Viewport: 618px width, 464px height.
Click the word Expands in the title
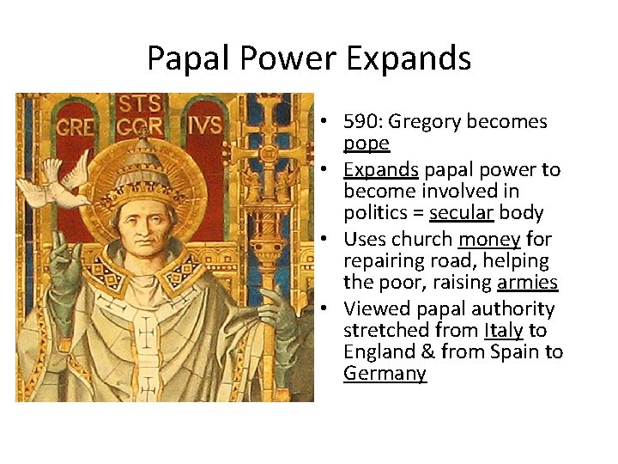point(409,58)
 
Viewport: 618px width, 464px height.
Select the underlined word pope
point(367,143)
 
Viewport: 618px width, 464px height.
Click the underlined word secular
point(460,211)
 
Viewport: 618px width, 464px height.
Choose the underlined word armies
point(527,282)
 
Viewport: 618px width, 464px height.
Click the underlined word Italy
point(504,330)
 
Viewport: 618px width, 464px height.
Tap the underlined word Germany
point(385,373)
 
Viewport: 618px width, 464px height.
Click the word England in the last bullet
point(379,351)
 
